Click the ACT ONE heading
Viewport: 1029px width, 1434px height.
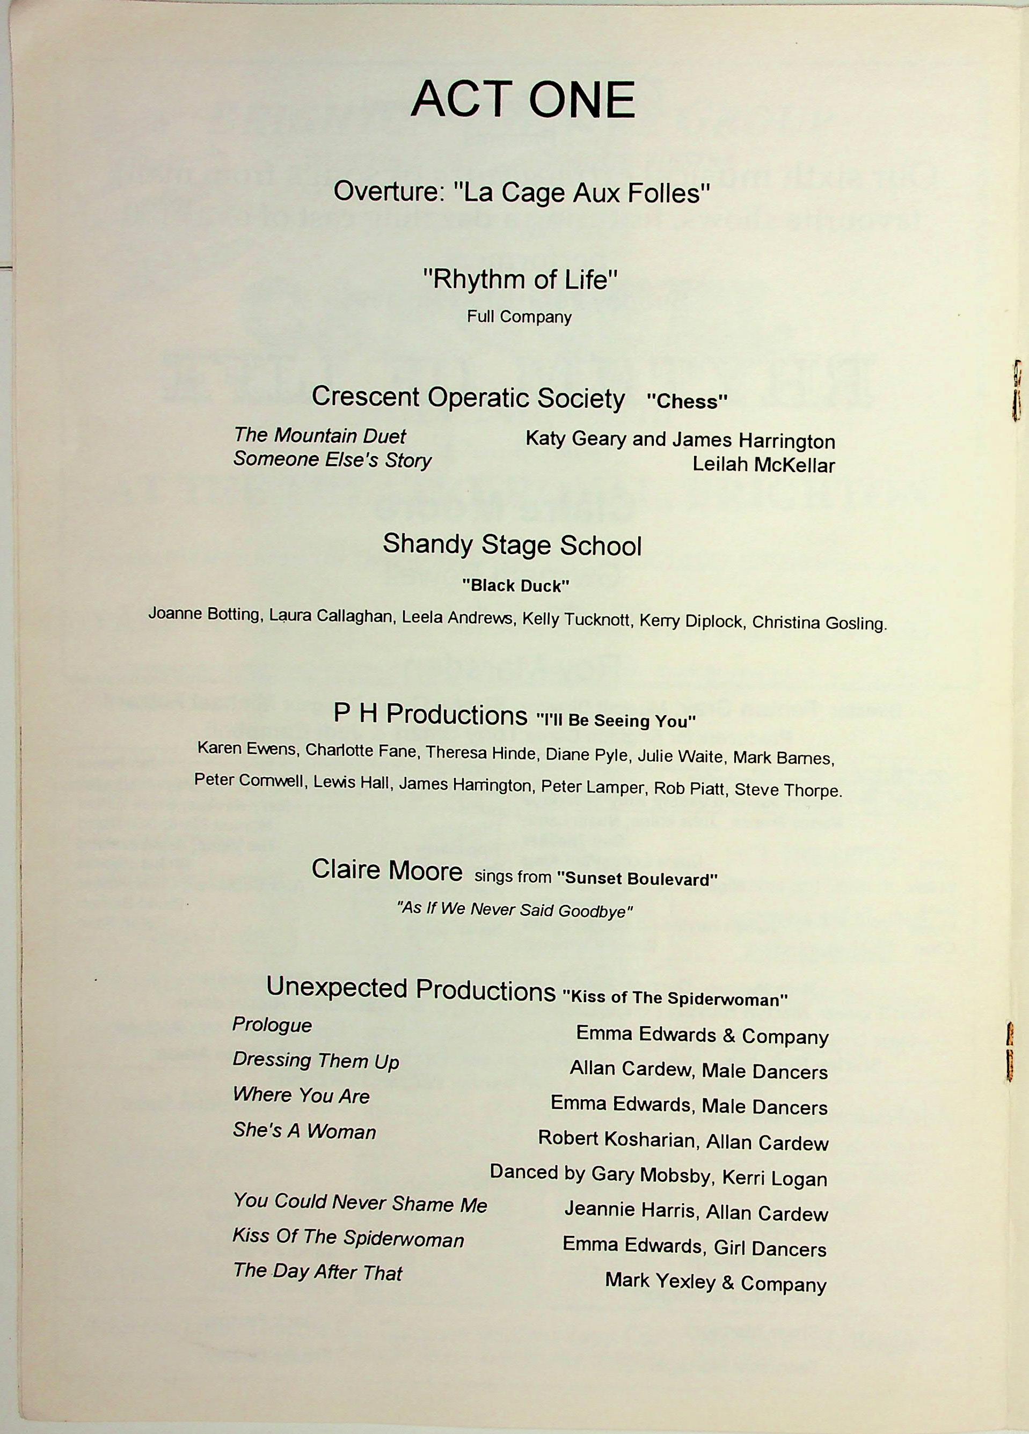tap(522, 100)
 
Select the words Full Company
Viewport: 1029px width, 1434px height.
tap(519, 317)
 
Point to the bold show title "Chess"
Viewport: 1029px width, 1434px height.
tap(687, 401)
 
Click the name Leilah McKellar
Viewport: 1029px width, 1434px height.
tap(763, 465)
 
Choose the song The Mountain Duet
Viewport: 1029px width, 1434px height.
tap(319, 436)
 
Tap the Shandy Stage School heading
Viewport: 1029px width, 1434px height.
tap(512, 545)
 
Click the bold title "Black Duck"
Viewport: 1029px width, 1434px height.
tap(515, 586)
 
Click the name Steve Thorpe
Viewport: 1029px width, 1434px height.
tap(788, 790)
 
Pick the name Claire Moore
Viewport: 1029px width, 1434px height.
tap(386, 871)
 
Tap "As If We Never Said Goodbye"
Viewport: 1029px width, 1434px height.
tap(515, 910)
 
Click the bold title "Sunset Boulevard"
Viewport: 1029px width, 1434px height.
tap(637, 879)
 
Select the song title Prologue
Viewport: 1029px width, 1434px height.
tap(272, 1025)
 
